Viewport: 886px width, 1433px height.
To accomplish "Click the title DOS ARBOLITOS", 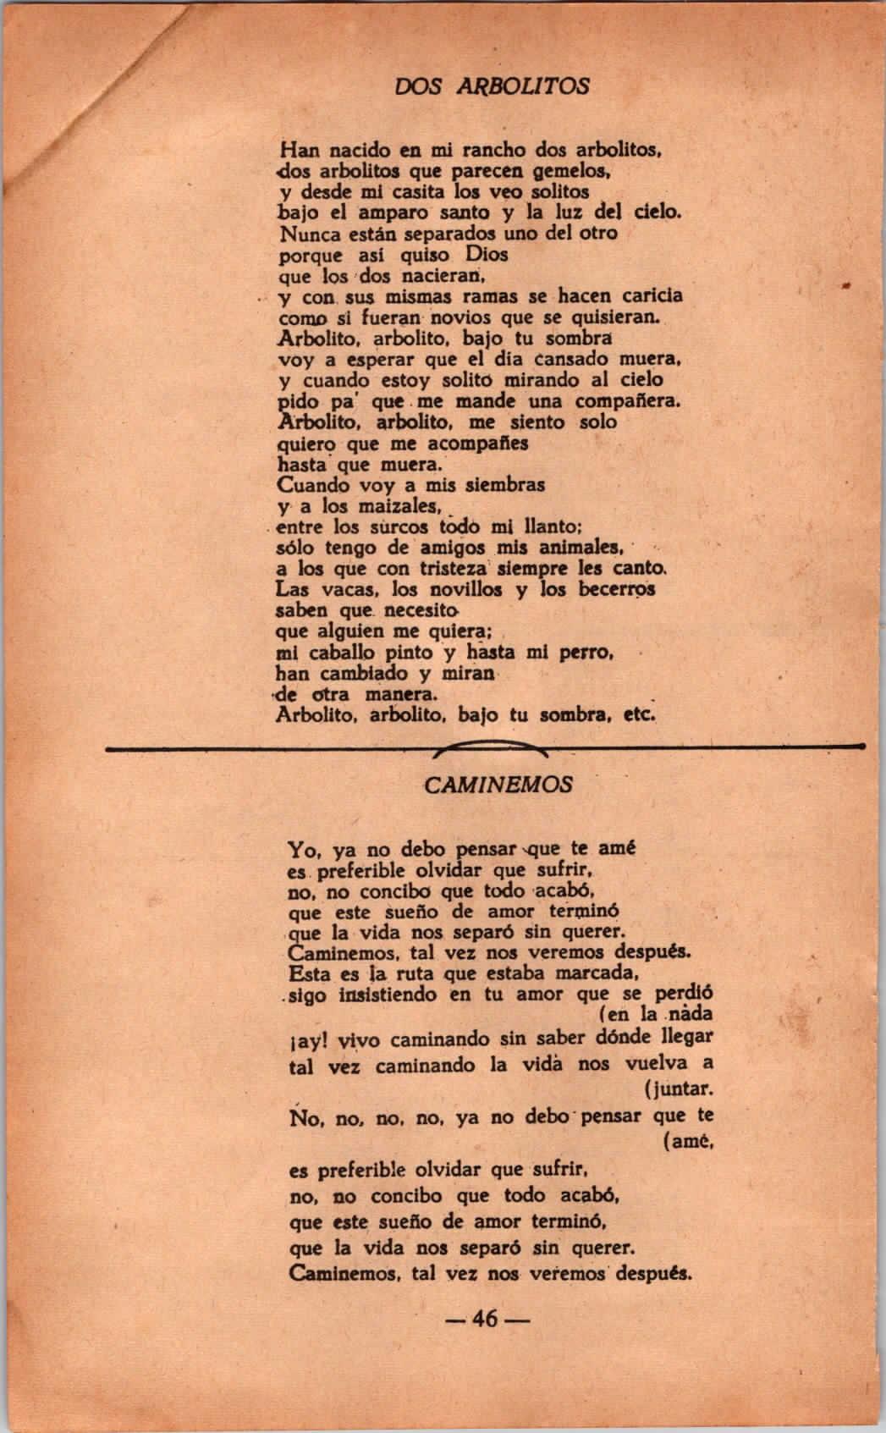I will [493, 86].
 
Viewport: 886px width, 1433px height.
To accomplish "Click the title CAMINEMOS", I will [498, 785].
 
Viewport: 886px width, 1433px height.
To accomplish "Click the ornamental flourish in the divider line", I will [489, 747].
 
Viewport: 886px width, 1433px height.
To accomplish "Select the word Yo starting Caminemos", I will [303, 849].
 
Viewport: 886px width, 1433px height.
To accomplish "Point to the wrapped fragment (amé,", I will [687, 1142].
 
